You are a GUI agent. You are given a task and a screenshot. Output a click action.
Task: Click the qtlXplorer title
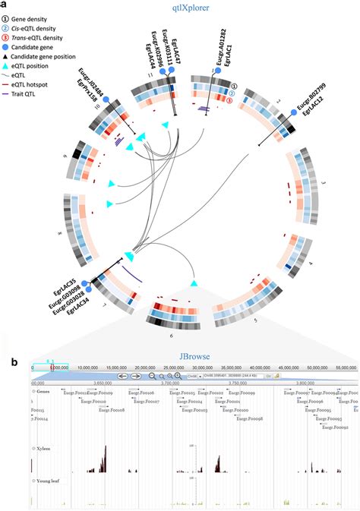click(180, 8)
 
